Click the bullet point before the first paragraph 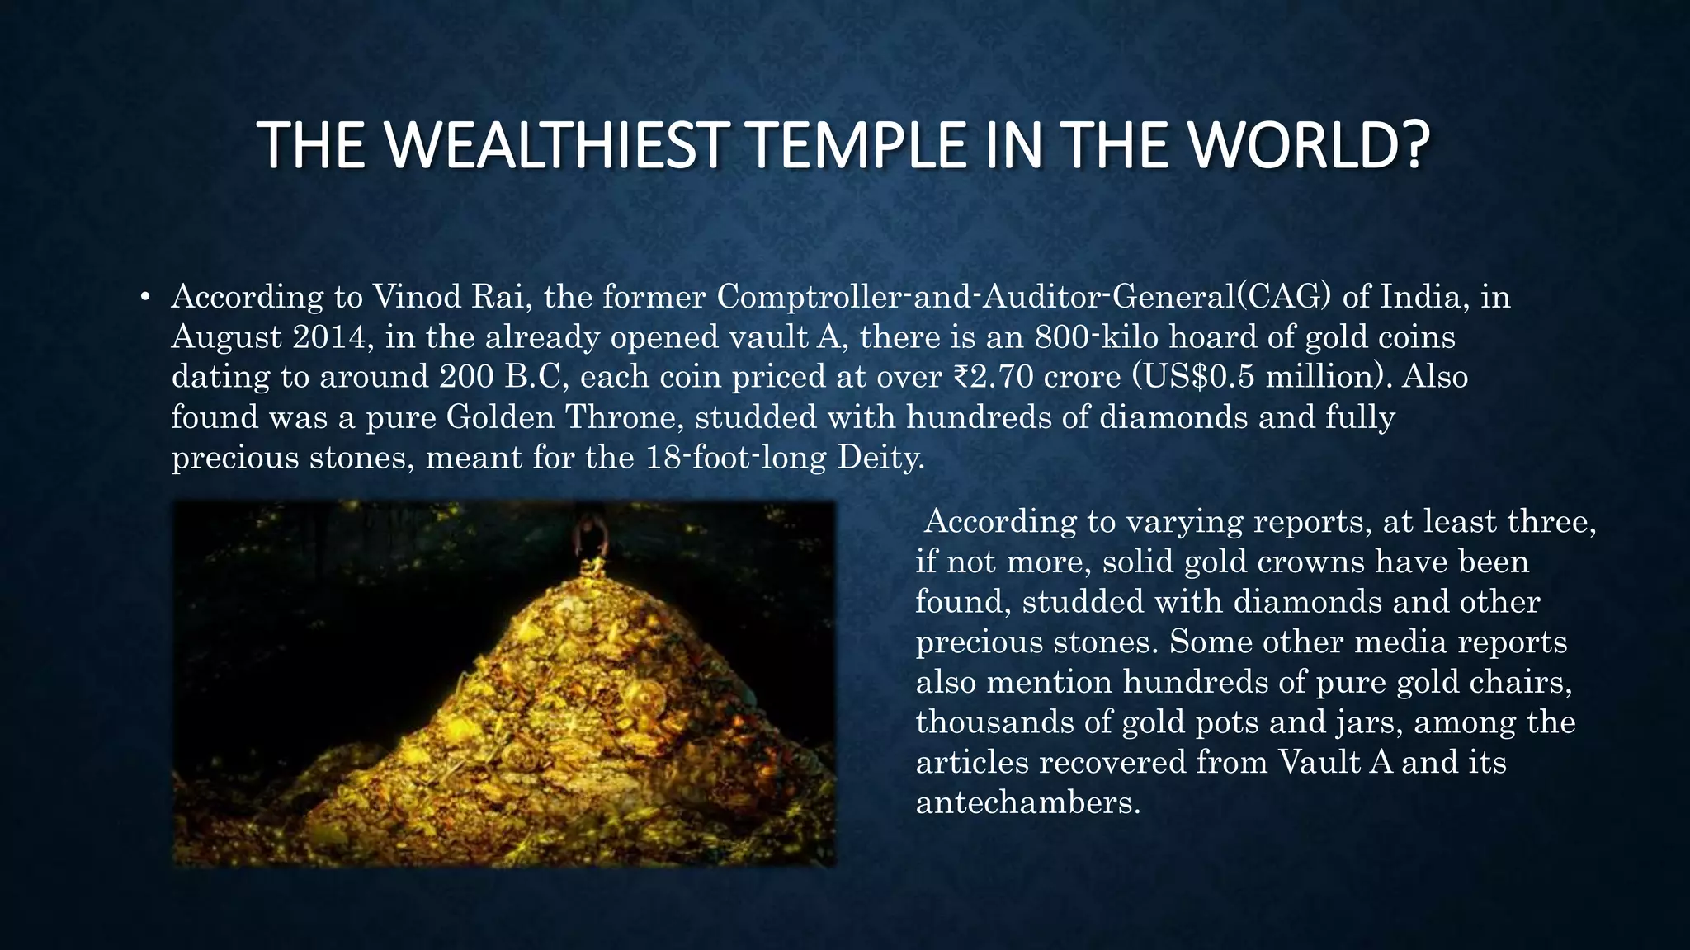point(144,298)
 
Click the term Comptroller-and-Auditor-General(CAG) point(1023,296)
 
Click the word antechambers point(1028,802)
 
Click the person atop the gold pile point(589,537)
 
